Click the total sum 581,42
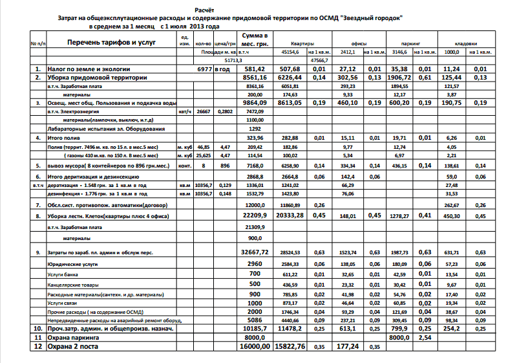(x=255, y=69)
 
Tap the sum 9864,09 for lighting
(x=254, y=102)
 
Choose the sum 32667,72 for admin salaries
(x=253, y=252)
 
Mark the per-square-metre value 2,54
(x=425, y=337)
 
